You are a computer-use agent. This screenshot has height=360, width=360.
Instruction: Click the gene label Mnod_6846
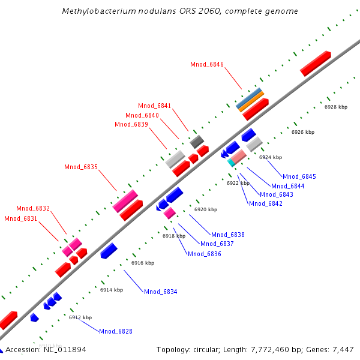[207, 64]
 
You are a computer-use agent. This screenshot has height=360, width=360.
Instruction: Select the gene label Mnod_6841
[154, 106]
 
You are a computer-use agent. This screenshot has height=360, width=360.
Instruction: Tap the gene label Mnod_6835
[81, 167]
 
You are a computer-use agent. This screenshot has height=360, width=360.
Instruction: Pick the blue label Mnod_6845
[299, 176]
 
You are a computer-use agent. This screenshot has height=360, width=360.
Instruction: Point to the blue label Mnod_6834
[160, 292]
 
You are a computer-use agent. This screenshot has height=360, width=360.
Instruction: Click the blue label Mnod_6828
[116, 331]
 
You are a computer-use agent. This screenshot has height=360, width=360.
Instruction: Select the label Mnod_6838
[227, 235]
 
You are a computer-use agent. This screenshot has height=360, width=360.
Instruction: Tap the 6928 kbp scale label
[336, 107]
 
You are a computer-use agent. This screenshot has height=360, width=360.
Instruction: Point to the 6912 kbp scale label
[80, 317]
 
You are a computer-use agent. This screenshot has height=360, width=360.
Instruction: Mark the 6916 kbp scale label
[143, 263]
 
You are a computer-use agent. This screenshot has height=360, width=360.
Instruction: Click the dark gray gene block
[197, 142]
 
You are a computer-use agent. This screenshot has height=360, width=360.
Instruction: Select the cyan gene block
[231, 162]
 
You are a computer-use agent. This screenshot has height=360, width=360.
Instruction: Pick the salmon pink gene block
[239, 157]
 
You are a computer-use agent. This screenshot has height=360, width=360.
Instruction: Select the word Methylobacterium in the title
[96, 11]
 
